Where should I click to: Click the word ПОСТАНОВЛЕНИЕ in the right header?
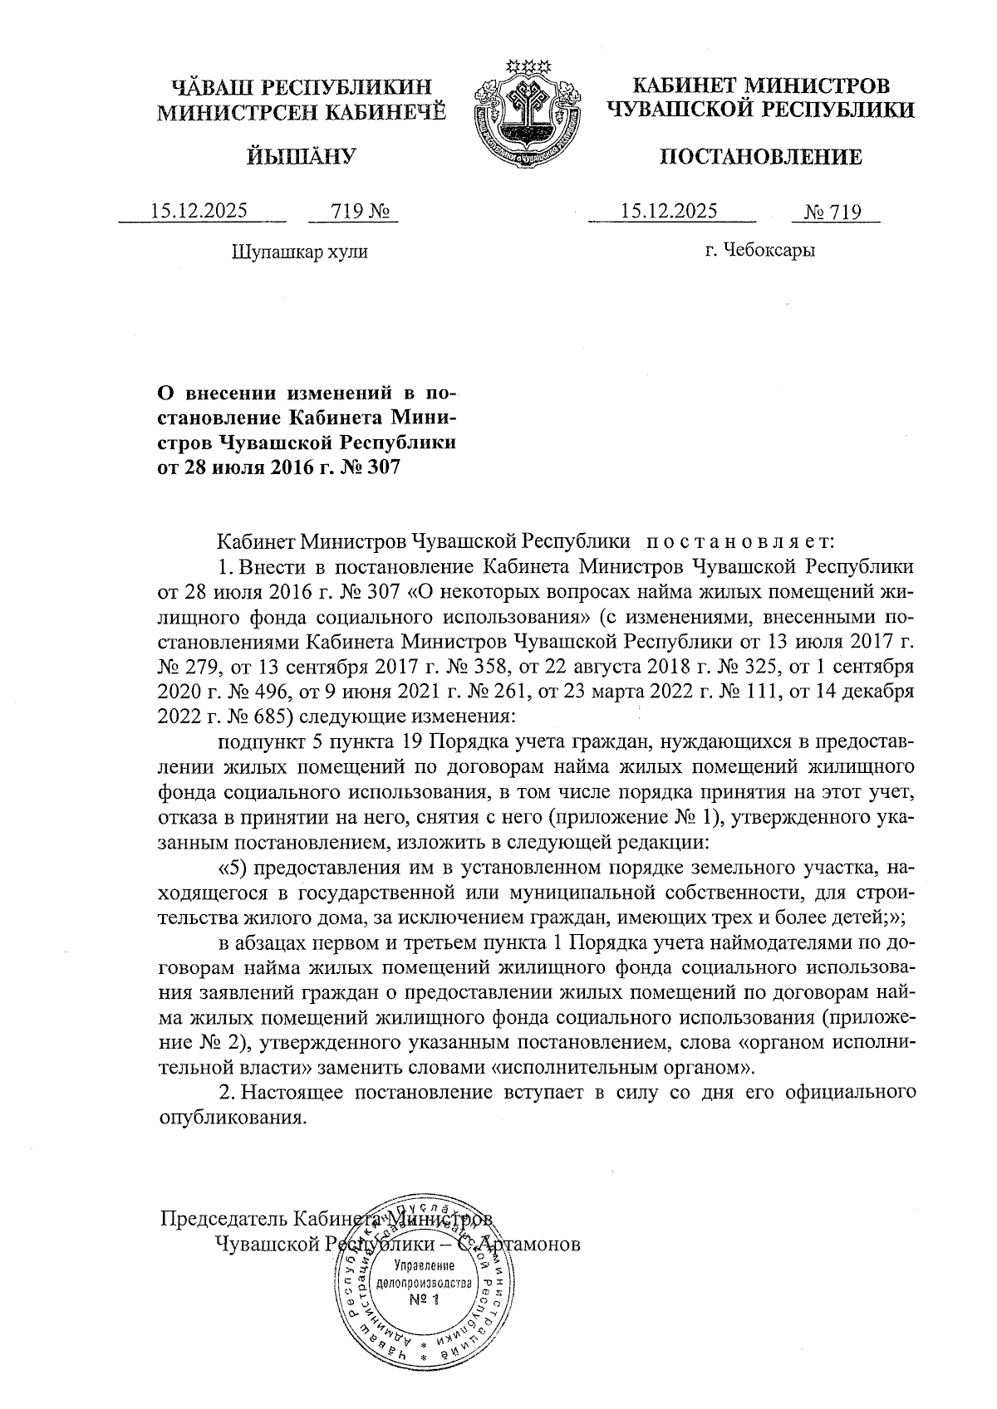pyautogui.click(x=760, y=157)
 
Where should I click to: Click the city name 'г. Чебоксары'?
pyautogui.click(x=759, y=250)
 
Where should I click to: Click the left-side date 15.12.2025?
pyautogui.click(x=199, y=211)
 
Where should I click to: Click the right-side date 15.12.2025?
pyautogui.click(x=670, y=211)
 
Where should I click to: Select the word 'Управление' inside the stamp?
pyautogui.click(x=424, y=1266)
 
